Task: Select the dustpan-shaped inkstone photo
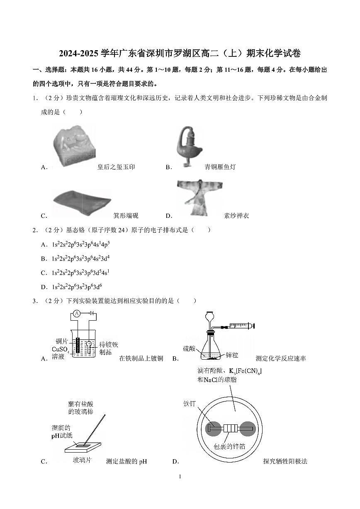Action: click(82, 203)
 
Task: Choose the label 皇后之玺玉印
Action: click(116, 167)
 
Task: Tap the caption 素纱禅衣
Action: click(236, 216)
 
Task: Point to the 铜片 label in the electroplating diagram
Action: click(62, 341)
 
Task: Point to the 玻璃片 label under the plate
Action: click(82, 460)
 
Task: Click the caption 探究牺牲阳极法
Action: click(285, 461)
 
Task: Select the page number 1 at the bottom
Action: click(180, 477)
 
